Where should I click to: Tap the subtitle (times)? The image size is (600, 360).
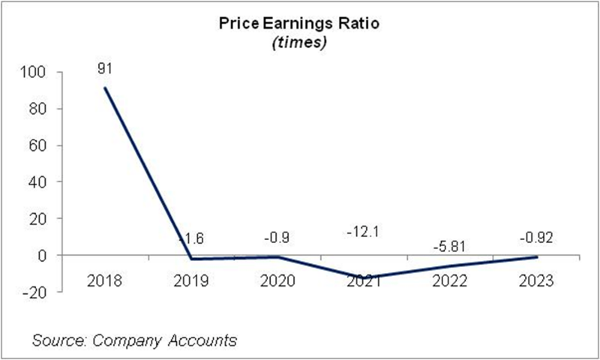(x=299, y=43)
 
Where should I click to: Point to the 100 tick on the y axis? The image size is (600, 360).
(x=36, y=73)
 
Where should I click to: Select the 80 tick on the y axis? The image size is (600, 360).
(x=39, y=109)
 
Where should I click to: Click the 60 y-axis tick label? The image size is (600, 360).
(x=39, y=145)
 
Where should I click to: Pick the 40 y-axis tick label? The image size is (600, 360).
(x=39, y=182)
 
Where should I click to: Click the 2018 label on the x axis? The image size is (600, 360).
(x=104, y=281)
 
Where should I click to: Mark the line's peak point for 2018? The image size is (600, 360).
(x=105, y=88)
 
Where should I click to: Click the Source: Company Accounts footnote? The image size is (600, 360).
(x=135, y=340)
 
